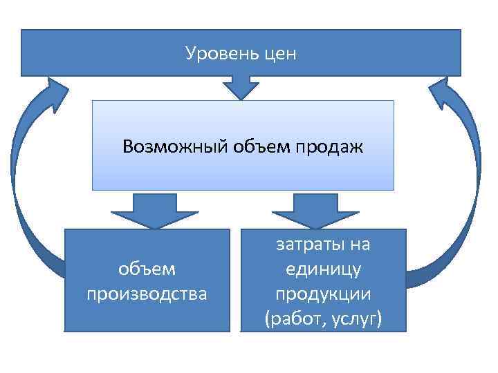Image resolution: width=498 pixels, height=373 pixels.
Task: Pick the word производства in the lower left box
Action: tap(147, 294)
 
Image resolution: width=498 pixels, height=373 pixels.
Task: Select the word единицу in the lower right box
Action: tap(323, 269)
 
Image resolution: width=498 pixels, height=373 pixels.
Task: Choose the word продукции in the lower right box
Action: tap(323, 294)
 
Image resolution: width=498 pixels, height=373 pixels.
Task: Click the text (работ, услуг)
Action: tap(323, 318)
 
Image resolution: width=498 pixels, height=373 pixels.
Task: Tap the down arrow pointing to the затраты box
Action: tap(315, 209)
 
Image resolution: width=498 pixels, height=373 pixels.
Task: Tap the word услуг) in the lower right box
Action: tap(357, 318)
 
